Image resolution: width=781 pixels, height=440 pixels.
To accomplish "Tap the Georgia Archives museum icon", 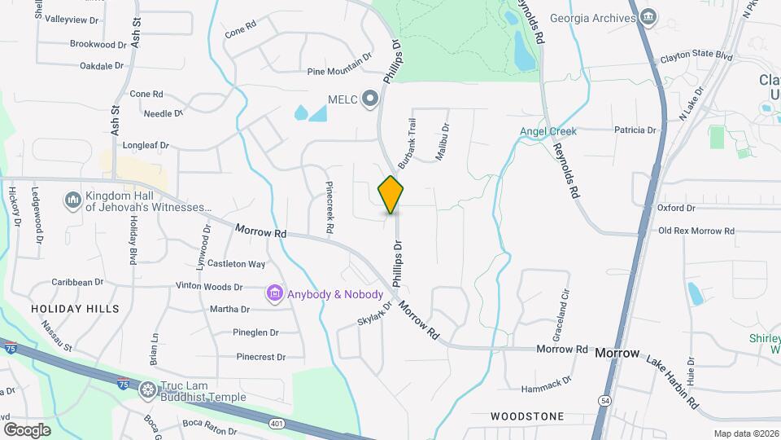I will coord(648,18).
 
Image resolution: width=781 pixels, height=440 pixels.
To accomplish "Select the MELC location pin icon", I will coord(371,99).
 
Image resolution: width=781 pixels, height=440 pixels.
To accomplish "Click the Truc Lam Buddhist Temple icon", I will coord(147,390).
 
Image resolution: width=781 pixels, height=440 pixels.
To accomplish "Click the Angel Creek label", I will coord(548,131).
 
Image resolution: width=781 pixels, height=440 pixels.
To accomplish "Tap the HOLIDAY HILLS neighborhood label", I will coord(75,309).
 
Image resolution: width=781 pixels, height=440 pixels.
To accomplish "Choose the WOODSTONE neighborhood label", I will coord(527,416).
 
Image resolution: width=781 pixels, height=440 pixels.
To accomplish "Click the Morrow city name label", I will coord(617,354).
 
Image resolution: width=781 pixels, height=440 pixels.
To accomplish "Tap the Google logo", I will coord(28,429).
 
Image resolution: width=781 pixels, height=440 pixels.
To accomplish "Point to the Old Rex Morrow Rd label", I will coord(696,231).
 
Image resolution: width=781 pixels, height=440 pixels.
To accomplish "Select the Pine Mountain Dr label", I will coord(339,72).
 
